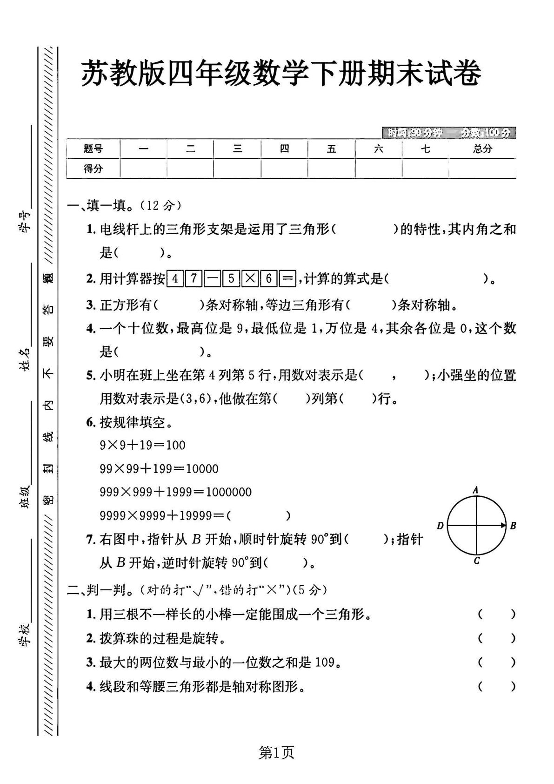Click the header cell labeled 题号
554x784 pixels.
click(93, 149)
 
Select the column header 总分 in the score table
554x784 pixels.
click(482, 149)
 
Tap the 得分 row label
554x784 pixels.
click(93, 169)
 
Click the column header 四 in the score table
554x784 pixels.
click(284, 149)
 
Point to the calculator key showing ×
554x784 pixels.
click(250, 279)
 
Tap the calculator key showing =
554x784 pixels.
click(287, 279)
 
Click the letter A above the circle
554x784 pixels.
click(475, 489)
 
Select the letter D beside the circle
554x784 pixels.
click(440, 526)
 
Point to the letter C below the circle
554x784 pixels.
click(476, 561)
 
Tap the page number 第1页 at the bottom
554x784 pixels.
click(276, 752)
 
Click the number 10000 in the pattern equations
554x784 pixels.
click(202, 468)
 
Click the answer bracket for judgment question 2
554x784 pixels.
click(496, 638)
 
